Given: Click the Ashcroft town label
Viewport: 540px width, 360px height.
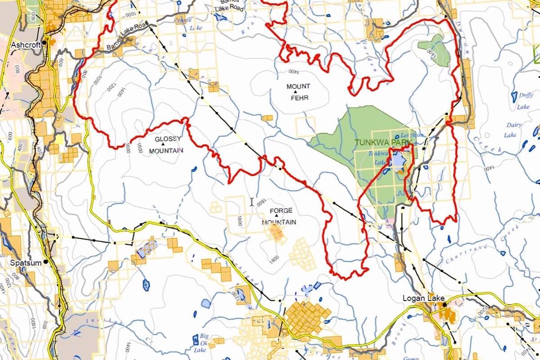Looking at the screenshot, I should pos(26,45).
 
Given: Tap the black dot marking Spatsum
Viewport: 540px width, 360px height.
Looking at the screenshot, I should pos(46,262).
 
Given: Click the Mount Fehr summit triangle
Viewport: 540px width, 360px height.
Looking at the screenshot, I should pos(296,92).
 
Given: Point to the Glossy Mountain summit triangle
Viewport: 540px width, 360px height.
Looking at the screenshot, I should pos(163,144).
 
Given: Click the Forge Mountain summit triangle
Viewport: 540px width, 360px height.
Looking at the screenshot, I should pos(276,216).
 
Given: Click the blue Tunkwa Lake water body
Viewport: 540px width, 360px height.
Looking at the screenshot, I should pos(398,160).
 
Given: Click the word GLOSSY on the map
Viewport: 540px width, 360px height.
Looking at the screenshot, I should pos(168,139).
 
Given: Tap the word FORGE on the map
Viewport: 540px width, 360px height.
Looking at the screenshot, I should pos(281,211).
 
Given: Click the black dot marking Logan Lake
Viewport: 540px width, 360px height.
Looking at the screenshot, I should pos(444,305).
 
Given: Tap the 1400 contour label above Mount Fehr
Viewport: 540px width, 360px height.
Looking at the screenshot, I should pos(292,71).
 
